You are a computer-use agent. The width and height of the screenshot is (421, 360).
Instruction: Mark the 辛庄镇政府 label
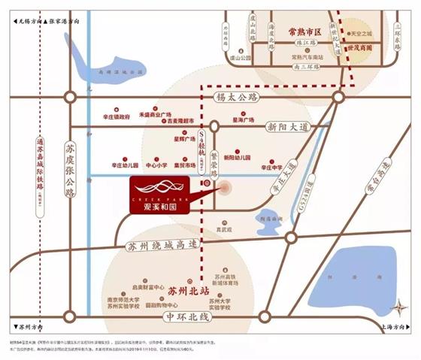(116, 117)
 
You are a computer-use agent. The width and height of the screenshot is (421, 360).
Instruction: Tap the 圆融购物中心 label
(165, 306)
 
